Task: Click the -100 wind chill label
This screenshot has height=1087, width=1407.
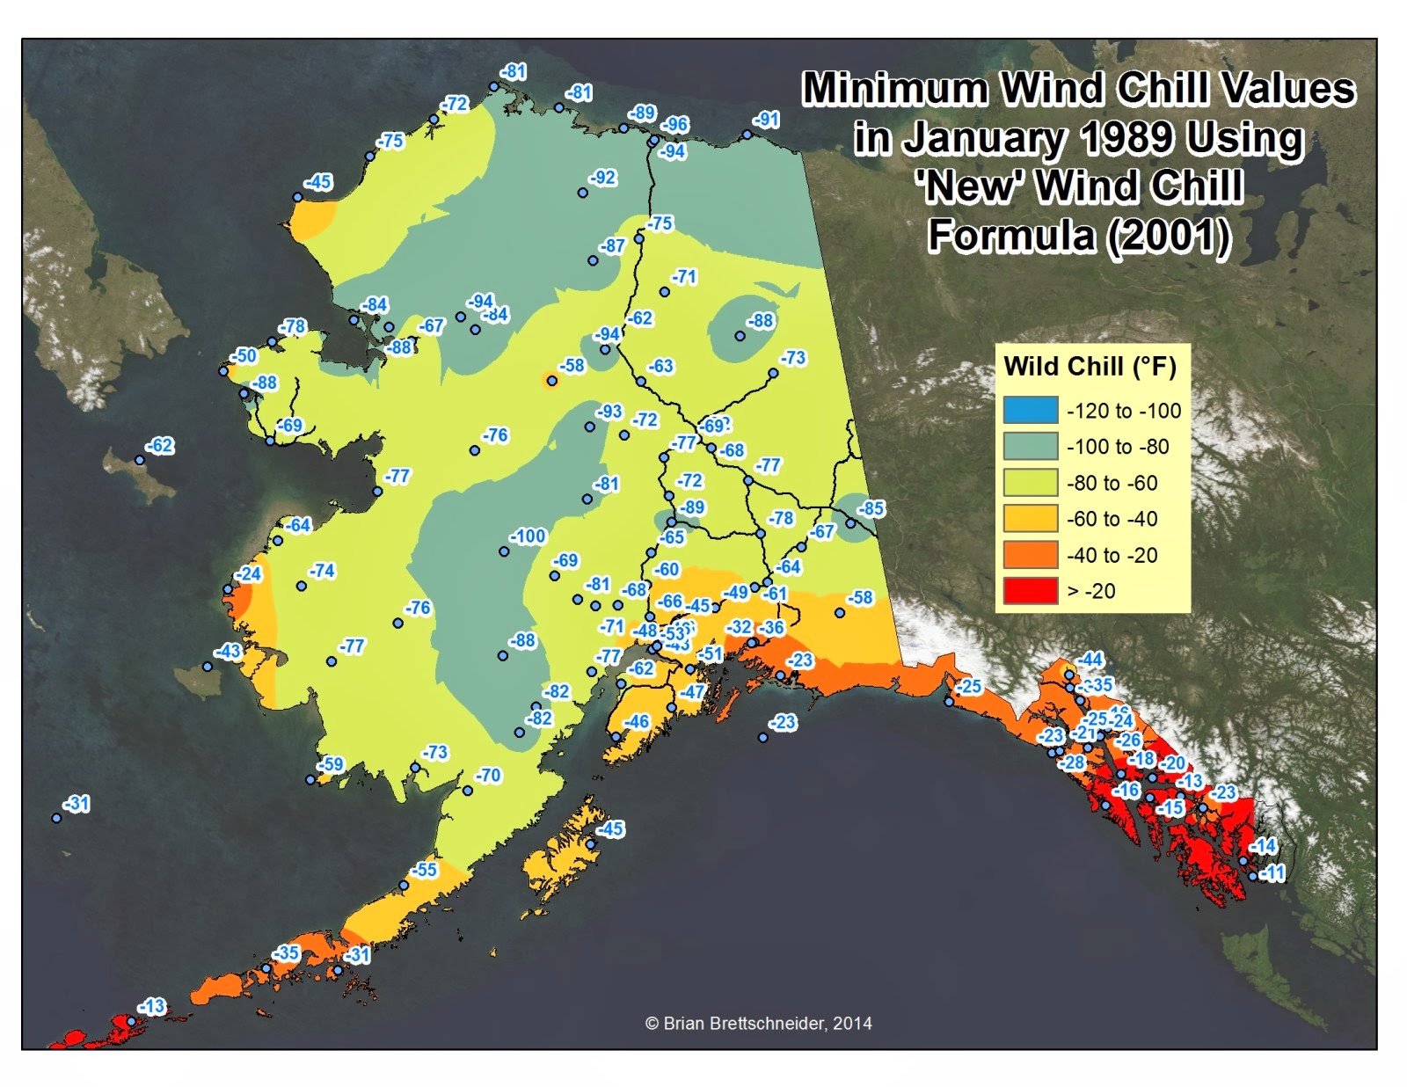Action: coord(529,536)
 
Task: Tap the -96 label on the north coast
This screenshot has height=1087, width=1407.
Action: coord(675,125)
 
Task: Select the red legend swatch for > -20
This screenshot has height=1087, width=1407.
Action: coord(1031,591)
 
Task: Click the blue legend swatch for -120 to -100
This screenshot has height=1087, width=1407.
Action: coord(1031,411)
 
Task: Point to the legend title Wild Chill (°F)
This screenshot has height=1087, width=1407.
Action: coord(1090,366)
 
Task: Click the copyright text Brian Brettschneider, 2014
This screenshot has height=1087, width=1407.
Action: coord(759,1023)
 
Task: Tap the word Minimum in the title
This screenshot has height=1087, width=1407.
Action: coord(896,89)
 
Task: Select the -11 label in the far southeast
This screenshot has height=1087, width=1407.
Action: coord(1272,873)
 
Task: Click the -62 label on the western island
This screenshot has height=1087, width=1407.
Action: coord(160,446)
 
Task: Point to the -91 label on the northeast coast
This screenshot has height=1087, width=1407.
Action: coord(766,120)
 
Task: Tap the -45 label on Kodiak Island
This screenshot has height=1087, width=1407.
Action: coord(610,829)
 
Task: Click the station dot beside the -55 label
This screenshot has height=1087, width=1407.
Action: coord(404,886)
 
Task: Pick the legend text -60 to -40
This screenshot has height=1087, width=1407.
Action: coord(1112,519)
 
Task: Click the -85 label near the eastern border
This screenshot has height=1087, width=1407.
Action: coord(871,509)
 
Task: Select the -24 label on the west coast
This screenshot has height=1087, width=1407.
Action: coord(249,574)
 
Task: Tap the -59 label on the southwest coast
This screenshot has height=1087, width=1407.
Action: coord(331,764)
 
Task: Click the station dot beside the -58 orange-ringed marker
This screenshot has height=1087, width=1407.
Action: coord(551,381)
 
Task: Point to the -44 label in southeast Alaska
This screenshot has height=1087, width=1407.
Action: coord(1090,660)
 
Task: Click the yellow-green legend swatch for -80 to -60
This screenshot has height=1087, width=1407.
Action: coord(1031,483)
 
